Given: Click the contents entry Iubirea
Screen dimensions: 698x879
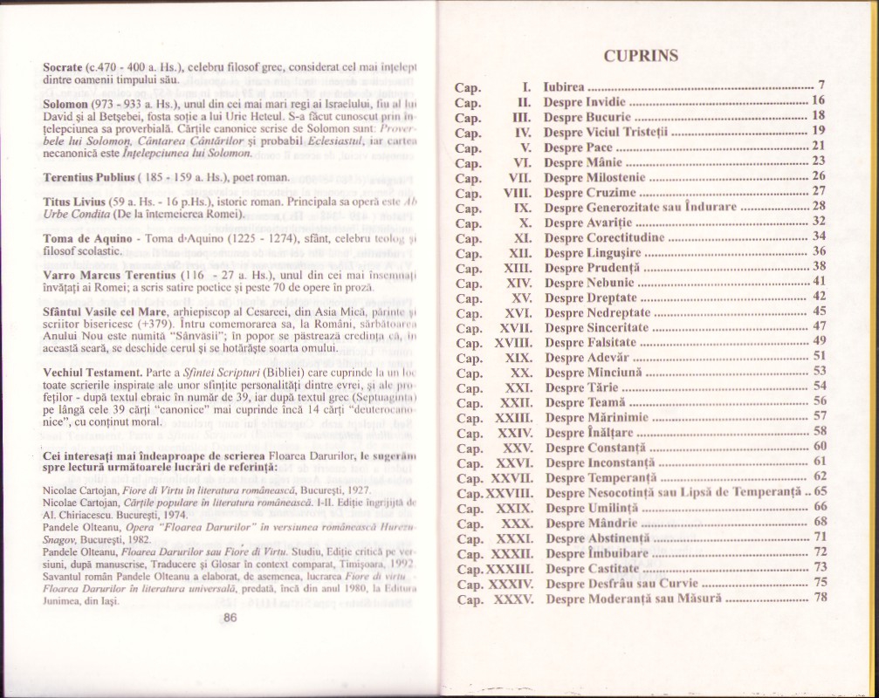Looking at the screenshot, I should (563, 86).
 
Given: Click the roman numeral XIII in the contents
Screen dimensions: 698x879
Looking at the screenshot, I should (519, 266).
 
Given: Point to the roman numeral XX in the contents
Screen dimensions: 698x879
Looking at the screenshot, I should (523, 371).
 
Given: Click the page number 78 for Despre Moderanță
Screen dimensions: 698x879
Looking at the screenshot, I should (820, 598).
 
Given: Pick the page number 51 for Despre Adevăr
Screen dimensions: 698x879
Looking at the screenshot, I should (820, 356).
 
